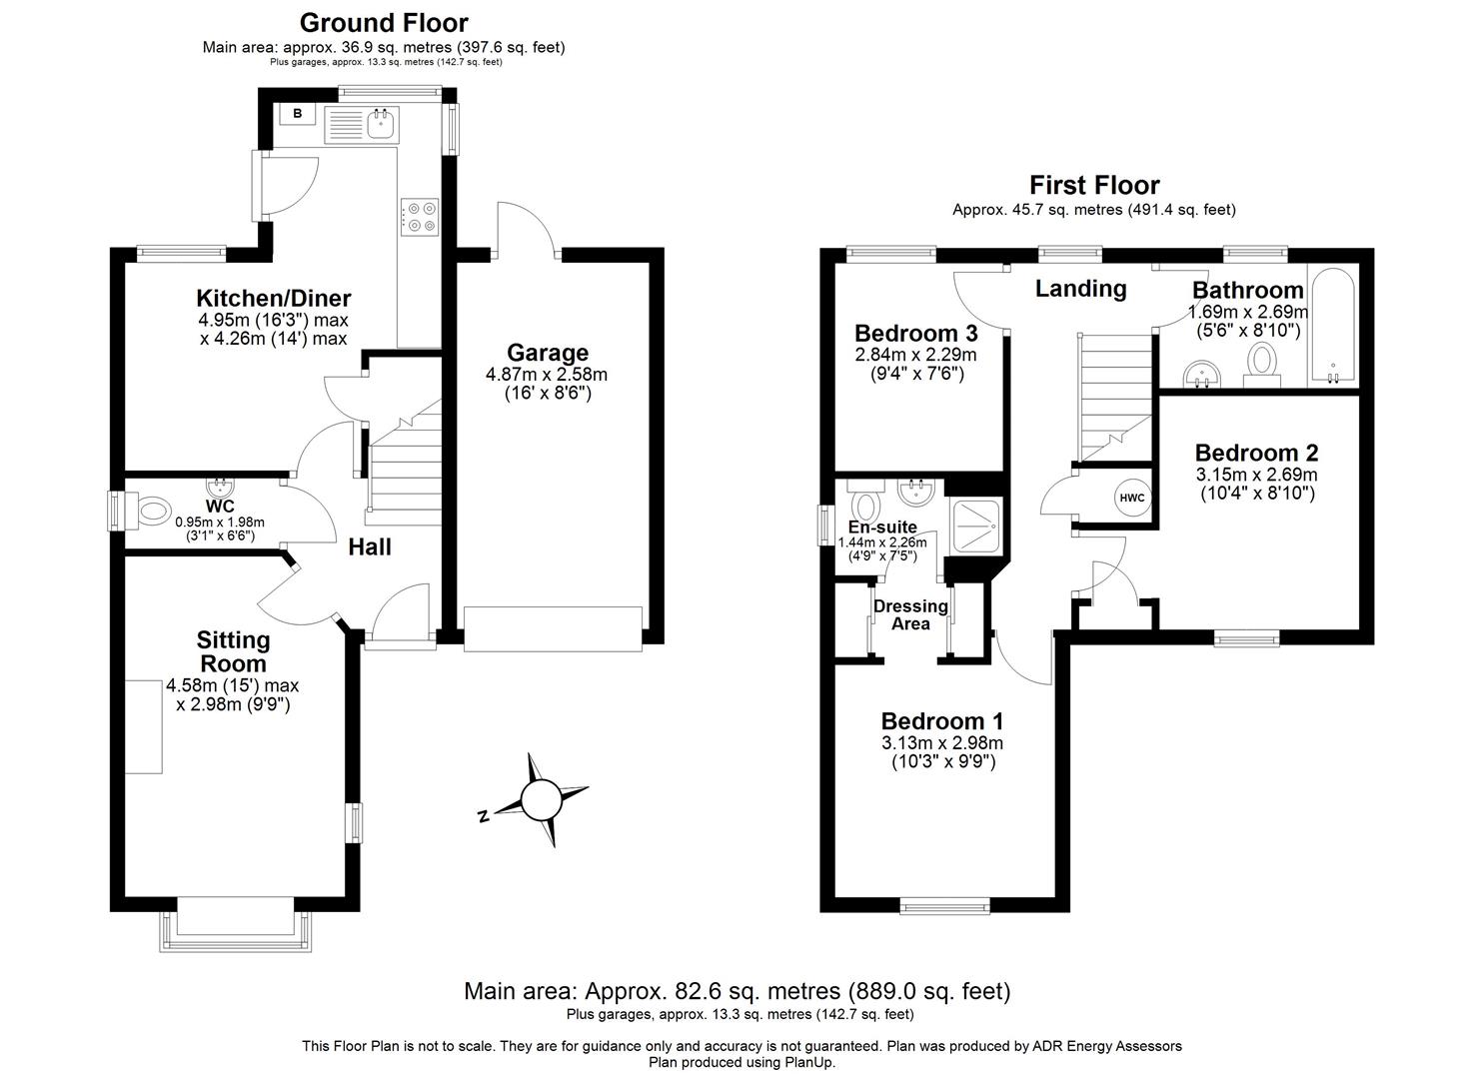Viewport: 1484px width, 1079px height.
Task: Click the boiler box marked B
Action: (x=297, y=115)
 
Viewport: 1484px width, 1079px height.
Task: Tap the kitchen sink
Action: (x=380, y=124)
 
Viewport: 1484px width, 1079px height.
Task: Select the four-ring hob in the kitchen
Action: (x=420, y=217)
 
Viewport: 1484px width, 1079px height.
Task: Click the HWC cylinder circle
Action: (x=1131, y=498)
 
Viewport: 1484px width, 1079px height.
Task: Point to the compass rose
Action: (x=541, y=799)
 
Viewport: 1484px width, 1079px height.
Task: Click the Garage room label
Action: (x=547, y=353)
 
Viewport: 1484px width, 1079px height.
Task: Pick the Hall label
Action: (x=369, y=546)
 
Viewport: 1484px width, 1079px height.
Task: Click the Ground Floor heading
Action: (x=384, y=22)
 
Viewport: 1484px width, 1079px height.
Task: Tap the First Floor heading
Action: (x=1094, y=185)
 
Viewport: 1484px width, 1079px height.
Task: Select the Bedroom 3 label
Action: (x=915, y=332)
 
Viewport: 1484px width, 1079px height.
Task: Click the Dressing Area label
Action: (x=910, y=614)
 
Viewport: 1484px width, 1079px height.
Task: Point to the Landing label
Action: (x=1080, y=289)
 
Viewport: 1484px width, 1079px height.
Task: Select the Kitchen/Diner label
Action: (x=273, y=298)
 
